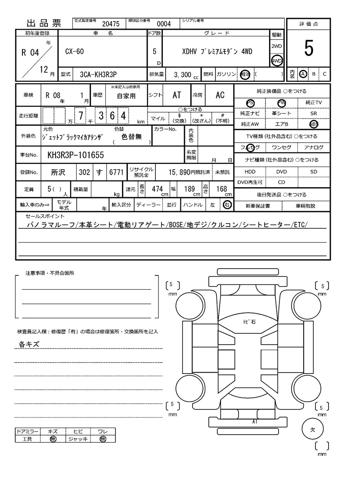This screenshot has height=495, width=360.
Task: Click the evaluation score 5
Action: pyautogui.click(x=308, y=48)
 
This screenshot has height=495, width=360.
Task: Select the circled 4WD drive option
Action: pyautogui.click(x=276, y=61)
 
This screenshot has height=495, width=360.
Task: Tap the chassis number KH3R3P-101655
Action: pyautogui.click(x=76, y=155)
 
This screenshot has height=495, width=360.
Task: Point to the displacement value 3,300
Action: pyautogui.click(x=182, y=74)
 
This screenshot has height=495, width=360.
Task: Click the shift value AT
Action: pyautogui.click(x=177, y=95)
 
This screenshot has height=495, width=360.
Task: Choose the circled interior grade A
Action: pyautogui.click(x=303, y=74)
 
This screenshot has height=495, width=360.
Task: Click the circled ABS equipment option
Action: pyautogui.click(x=314, y=124)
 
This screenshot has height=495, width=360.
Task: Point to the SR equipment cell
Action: pyautogui.click(x=314, y=114)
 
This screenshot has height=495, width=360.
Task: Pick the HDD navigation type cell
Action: pyautogui.click(x=250, y=172)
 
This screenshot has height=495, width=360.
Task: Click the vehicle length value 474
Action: pyautogui.click(x=157, y=189)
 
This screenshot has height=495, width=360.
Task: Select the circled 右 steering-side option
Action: pyautogui.click(x=227, y=205)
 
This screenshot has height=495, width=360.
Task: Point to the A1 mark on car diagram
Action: pyautogui.click(x=255, y=422)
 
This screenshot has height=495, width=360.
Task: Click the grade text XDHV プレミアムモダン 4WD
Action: pyautogui.click(x=217, y=51)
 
